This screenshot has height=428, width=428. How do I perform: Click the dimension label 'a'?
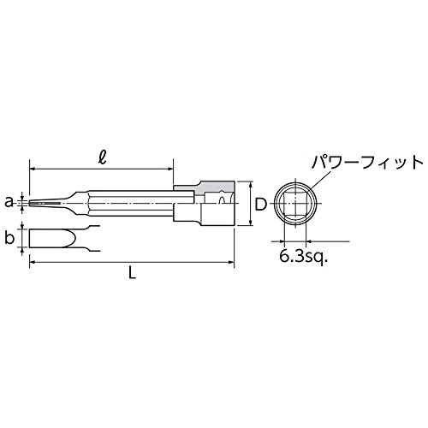coord(9,202)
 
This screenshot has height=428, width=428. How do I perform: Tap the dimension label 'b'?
coord(9,238)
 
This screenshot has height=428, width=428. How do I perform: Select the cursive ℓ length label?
coord(102,158)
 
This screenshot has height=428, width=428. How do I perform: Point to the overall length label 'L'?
coord(132,273)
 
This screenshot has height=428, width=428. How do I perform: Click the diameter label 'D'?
coord(260,204)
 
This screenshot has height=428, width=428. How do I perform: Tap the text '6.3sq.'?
coord(303,258)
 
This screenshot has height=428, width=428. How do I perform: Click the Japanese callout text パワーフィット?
coord(367,163)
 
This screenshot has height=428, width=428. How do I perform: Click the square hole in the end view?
coord(295,203)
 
